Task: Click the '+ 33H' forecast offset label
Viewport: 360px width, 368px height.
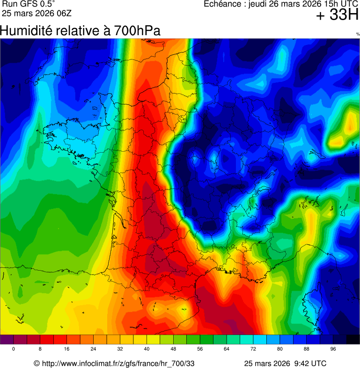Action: [x=337, y=15]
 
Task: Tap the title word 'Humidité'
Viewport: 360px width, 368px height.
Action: [x=26, y=31]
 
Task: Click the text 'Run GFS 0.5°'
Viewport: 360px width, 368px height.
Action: [x=28, y=4]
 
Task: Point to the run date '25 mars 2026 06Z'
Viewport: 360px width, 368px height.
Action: [x=34, y=13]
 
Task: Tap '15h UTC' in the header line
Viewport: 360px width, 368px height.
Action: [x=338, y=4]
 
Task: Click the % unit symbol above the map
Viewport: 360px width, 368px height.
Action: [x=358, y=34]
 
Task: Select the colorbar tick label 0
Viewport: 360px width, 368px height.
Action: [x=13, y=349]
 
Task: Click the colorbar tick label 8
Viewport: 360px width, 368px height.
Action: [x=40, y=349]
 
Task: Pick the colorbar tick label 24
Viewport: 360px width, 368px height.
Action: [x=93, y=349]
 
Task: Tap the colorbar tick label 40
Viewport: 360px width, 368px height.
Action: [x=147, y=349]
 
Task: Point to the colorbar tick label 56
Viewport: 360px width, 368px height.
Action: [x=200, y=349]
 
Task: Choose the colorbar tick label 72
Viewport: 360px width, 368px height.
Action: [x=253, y=349]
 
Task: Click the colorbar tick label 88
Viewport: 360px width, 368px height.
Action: [x=307, y=349]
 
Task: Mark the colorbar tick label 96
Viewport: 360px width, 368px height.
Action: [x=333, y=349]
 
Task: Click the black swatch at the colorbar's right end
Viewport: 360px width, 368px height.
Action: [x=353, y=339]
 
